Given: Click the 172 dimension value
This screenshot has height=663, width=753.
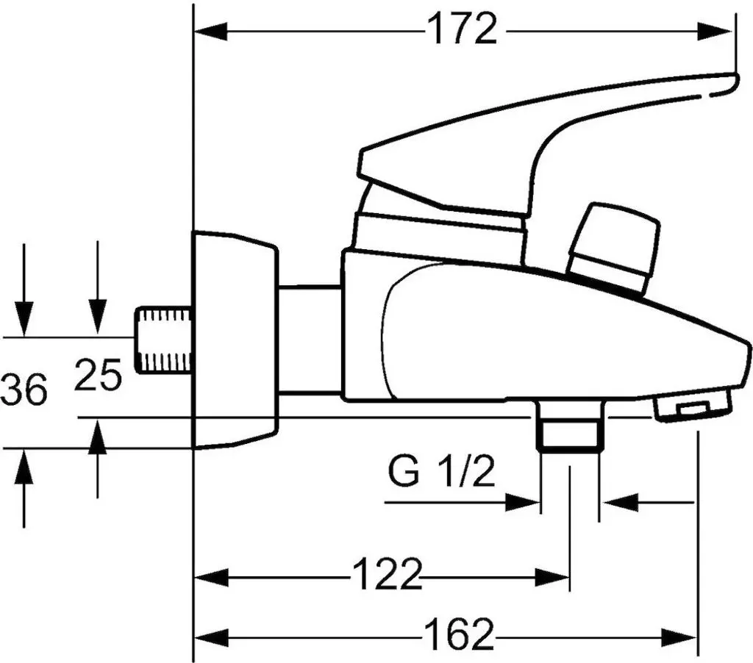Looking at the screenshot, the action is point(462,29).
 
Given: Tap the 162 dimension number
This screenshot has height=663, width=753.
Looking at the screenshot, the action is point(459,634).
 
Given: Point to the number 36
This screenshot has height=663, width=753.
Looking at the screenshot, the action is point(24,389).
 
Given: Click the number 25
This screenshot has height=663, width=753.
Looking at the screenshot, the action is point(98,374).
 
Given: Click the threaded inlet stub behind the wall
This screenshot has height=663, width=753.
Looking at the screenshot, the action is point(163,340).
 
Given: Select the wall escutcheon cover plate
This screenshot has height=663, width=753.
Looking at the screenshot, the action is point(235,340).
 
